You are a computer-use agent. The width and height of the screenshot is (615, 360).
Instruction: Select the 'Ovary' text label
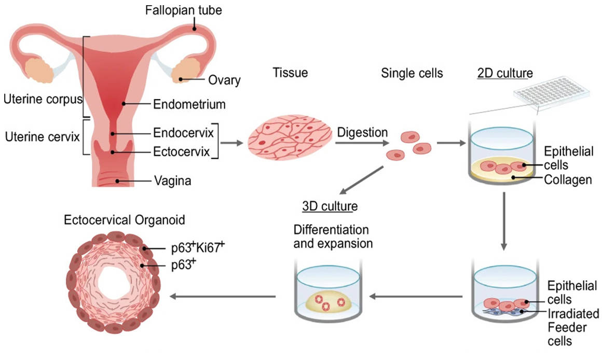[224, 80]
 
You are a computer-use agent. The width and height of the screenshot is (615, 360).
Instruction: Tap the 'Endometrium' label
[189, 104]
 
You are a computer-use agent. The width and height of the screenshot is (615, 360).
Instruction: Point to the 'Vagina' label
[173, 181]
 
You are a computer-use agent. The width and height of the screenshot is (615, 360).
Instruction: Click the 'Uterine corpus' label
[42, 98]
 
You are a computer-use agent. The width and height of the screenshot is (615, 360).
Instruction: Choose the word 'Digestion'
[362, 132]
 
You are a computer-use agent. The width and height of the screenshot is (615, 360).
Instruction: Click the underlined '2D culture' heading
[504, 73]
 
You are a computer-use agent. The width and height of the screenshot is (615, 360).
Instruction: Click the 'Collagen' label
[568, 180]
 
